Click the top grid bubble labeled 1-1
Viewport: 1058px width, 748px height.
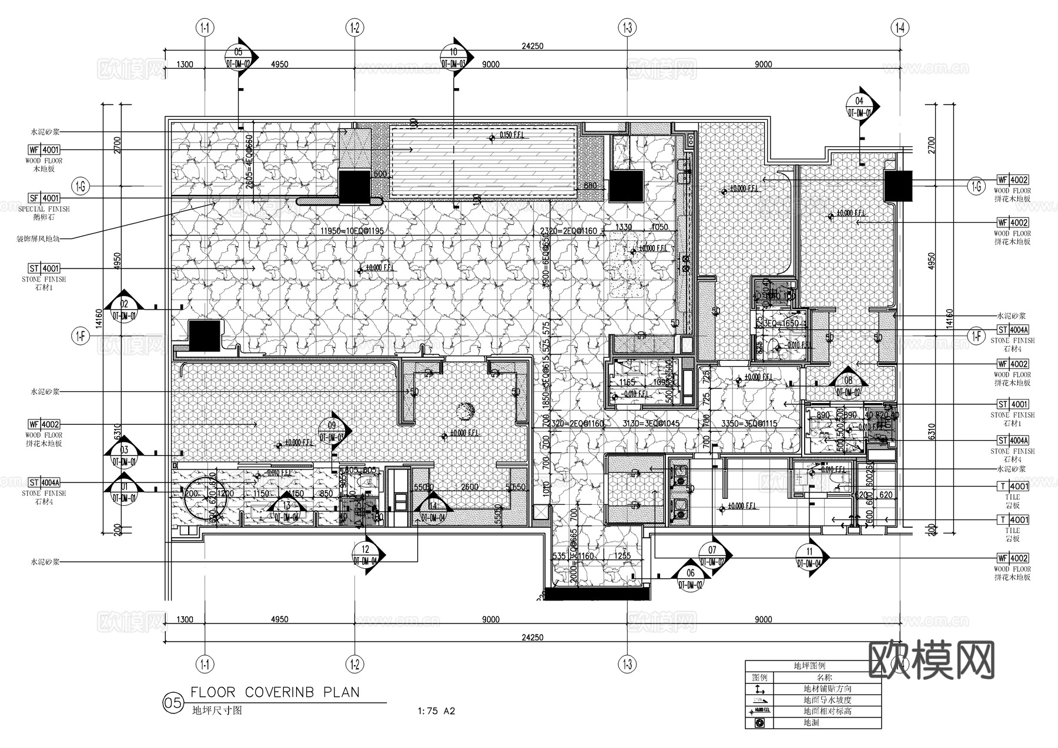click(x=205, y=27)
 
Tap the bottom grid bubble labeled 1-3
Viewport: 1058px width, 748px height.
click(x=627, y=665)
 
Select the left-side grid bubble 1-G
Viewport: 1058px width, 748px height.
click(x=81, y=187)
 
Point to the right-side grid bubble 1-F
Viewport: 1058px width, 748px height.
click(x=976, y=336)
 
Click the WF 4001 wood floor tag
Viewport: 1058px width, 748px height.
click(x=44, y=150)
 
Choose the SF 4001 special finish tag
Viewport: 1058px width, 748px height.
click(x=44, y=199)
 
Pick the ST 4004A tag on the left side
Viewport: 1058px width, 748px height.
click(x=44, y=483)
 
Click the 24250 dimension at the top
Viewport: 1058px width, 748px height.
click(x=532, y=46)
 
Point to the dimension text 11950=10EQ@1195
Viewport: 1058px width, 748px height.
click(x=352, y=231)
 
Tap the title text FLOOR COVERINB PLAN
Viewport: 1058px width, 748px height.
click(x=275, y=692)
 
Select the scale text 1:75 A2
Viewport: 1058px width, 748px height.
click(x=436, y=711)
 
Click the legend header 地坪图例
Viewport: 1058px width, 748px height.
click(x=809, y=666)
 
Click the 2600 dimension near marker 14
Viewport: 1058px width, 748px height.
click(x=469, y=487)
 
